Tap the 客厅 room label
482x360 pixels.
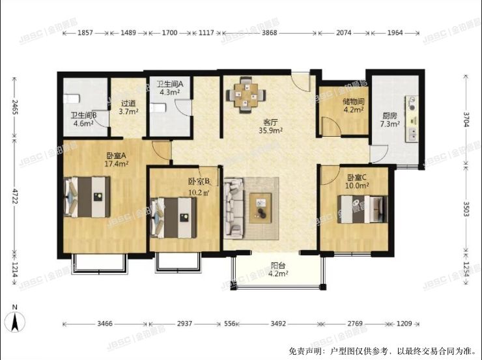pos(270,122)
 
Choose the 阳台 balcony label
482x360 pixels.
pos(278,265)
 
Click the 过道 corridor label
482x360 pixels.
pos(128,103)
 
